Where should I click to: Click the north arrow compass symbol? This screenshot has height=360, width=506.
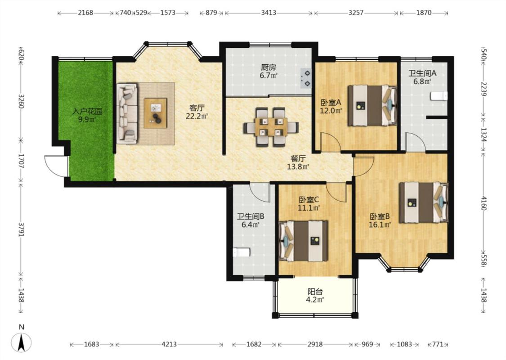(21, 342)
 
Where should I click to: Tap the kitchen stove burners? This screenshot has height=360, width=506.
(305, 78)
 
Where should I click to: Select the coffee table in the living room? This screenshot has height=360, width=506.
(156, 113)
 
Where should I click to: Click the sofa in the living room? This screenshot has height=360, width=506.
(127, 113)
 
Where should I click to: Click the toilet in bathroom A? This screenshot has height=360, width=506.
(439, 96)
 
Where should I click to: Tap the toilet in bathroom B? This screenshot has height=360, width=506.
(242, 252)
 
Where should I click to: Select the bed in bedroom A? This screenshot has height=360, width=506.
(372, 105)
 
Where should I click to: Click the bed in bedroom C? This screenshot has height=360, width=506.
(303, 241)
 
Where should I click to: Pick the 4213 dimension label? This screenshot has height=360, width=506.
(169, 344)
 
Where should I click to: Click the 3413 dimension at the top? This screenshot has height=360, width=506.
(269, 13)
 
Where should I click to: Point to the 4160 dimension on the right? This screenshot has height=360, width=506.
(483, 203)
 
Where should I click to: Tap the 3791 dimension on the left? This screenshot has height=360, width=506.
(21, 229)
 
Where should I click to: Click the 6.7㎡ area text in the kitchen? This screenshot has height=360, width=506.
(269, 76)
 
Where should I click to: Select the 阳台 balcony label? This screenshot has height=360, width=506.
(315, 292)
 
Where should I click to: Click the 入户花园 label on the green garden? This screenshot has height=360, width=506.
(87, 112)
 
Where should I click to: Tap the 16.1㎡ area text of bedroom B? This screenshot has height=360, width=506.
(380, 225)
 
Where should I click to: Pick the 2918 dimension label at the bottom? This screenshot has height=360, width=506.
(315, 344)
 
